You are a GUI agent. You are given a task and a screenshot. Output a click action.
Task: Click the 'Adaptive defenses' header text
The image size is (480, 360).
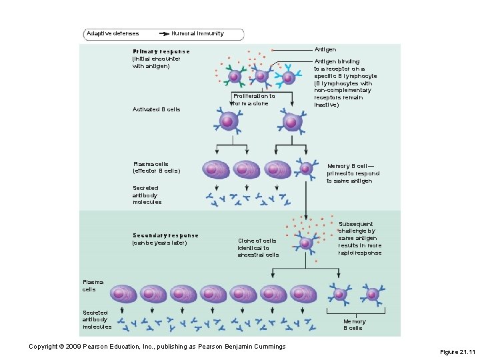(113, 33)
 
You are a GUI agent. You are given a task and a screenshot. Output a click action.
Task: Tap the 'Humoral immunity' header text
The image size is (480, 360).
(197, 33)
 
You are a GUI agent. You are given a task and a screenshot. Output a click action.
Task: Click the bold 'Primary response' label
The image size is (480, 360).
(161, 51)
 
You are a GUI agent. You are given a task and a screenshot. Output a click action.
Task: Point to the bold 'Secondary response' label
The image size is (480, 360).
(165, 235)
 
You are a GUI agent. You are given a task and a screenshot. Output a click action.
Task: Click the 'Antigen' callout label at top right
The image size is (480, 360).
(325, 50)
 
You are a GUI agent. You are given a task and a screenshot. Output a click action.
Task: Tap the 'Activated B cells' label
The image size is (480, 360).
(156, 109)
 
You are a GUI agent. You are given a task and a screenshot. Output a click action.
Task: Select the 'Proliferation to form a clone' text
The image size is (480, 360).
(254, 100)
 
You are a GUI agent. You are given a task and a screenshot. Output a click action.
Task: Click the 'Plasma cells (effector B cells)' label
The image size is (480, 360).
(156, 167)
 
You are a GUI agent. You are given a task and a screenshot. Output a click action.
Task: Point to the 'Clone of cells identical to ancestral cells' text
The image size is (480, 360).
(258, 247)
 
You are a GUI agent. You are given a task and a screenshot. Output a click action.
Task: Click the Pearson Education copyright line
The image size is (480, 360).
(157, 346)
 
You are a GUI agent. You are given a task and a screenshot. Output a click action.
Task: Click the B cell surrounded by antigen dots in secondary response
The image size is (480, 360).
(305, 242)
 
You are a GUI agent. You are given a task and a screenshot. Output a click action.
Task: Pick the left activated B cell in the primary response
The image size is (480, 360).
(227, 121)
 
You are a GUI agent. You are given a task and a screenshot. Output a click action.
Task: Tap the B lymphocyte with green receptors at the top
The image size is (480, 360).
(235, 77)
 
